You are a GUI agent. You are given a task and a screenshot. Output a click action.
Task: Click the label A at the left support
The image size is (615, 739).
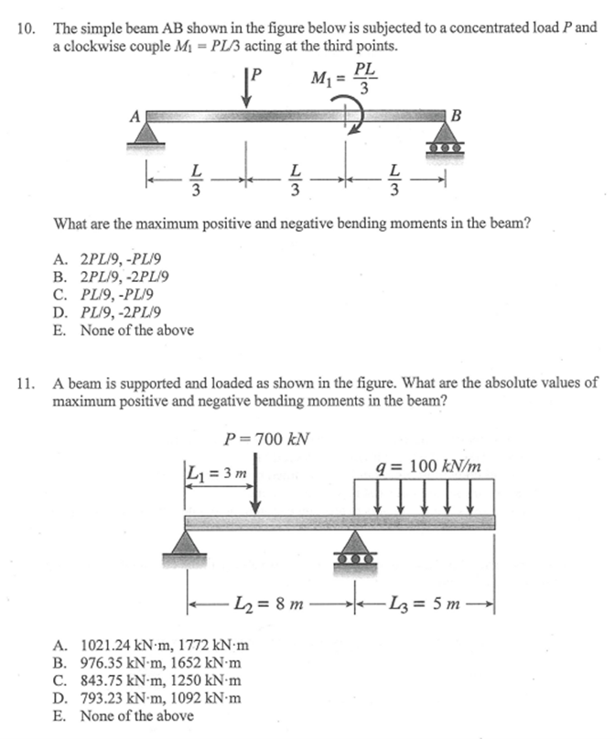coord(135,116)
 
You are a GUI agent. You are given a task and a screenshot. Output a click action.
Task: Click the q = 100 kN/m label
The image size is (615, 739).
coord(428,466)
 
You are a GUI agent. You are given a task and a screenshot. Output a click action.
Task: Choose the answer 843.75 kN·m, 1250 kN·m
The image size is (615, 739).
coord(151,680)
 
